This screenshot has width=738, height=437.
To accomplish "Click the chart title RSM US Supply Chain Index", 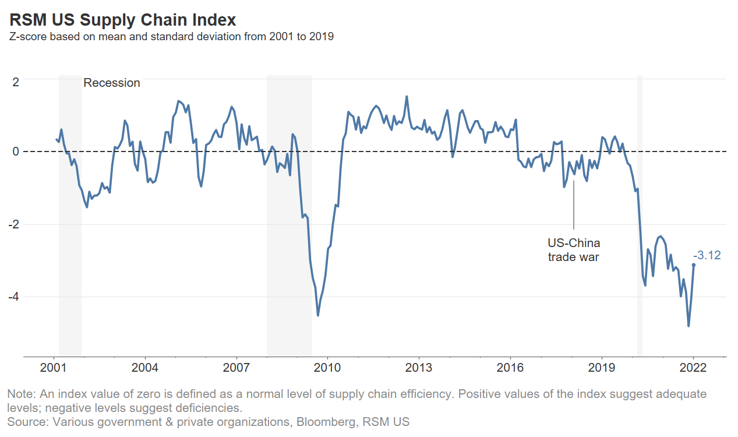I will [x=123, y=20].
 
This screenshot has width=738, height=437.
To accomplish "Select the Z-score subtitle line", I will [x=171, y=37].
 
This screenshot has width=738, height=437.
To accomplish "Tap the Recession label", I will [x=112, y=83].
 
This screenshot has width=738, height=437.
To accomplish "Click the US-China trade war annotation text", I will [x=574, y=249].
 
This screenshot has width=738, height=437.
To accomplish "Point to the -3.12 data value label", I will [x=707, y=255].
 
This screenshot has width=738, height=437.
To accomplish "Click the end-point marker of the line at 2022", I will [x=693, y=265].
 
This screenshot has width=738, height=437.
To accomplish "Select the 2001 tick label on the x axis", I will [x=54, y=368].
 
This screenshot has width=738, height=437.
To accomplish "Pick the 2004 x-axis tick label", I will [x=145, y=368].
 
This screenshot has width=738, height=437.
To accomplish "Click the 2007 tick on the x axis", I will [x=236, y=368].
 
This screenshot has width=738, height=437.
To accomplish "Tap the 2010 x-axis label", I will [x=327, y=368].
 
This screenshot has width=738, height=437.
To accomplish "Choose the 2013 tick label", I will [x=419, y=368].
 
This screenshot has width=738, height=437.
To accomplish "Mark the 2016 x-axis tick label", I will [x=510, y=368].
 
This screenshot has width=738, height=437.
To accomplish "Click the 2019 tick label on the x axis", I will [x=602, y=368].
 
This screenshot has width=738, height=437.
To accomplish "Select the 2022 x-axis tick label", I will [x=693, y=368].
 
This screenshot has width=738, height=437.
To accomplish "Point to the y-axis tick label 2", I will [x=16, y=82].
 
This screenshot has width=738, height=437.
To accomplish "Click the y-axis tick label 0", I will [x=16, y=151].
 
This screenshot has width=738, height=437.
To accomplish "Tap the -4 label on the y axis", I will [x=14, y=297].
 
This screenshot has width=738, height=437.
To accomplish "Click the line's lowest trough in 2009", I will [x=317, y=315].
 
